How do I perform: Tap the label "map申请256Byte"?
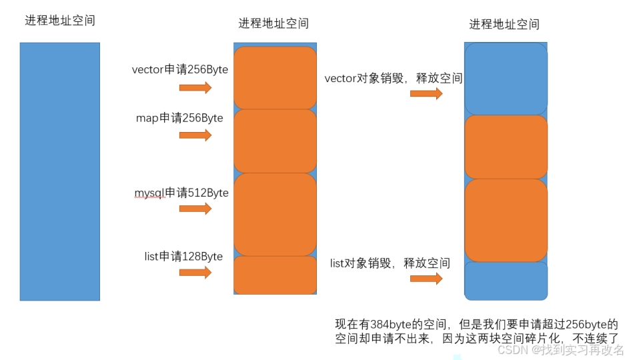pyautogui.click(x=179, y=118)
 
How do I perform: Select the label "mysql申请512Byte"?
pyautogui.click(x=181, y=193)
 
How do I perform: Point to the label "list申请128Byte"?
pyautogui.click(x=183, y=256)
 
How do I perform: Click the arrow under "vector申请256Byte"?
pyautogui.click(x=195, y=88)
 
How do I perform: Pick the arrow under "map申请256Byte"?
pyautogui.click(x=195, y=135)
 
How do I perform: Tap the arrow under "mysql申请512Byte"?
pyautogui.click(x=195, y=209)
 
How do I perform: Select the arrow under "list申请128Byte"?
pyautogui.click(x=195, y=272)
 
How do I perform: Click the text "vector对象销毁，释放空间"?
pyautogui.click(x=393, y=79)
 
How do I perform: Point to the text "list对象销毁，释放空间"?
pyautogui.click(x=390, y=263)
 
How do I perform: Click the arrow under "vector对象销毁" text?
pyautogui.click(x=426, y=93)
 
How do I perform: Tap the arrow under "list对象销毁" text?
pyautogui.click(x=426, y=279)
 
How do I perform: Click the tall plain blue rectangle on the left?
pyautogui.click(x=60, y=171)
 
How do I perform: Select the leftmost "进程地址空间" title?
pyautogui.click(x=60, y=21)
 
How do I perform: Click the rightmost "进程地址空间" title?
pyautogui.click(x=504, y=25)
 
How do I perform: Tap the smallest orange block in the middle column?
pyautogui.click(x=275, y=275)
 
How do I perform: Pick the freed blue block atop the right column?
pyautogui.click(x=506, y=79)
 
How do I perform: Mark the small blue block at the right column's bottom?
pyautogui.click(x=506, y=281)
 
